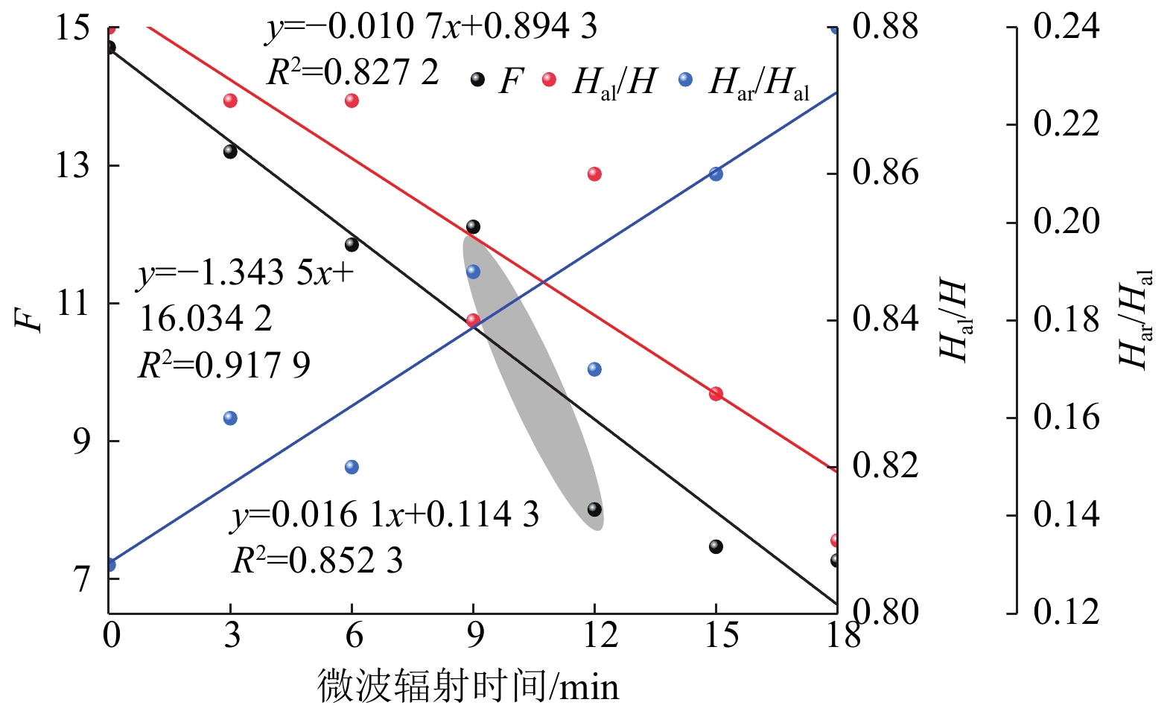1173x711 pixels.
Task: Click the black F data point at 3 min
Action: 230,151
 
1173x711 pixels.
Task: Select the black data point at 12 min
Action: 594,509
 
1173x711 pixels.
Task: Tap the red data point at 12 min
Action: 594,173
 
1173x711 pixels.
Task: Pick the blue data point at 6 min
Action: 352,467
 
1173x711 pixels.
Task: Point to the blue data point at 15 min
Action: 716,173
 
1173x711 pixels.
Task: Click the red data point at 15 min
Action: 716,393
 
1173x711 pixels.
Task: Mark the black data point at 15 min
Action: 716,546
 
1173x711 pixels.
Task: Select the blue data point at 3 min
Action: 230,418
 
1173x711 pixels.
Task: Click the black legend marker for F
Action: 477,79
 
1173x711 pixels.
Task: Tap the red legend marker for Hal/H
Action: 549,79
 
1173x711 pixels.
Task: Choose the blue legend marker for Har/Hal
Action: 685,79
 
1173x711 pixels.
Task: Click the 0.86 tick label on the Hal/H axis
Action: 886,173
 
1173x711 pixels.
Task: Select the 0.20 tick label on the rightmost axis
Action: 1066,221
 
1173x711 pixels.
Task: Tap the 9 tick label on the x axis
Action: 474,635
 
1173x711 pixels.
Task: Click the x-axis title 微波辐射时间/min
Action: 468,686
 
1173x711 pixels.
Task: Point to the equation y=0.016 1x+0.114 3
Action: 385,514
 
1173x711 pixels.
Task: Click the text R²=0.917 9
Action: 224,365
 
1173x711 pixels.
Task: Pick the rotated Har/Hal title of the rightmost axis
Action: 1136,319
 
